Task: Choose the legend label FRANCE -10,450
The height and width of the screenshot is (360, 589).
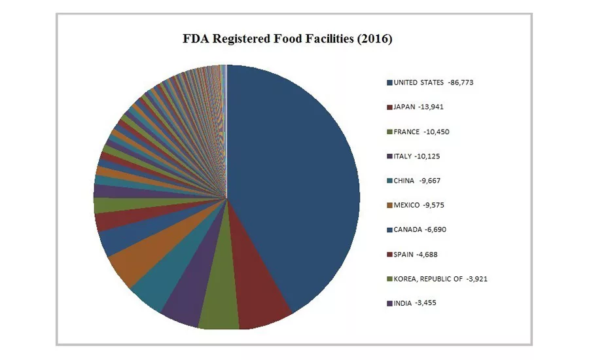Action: click(421, 132)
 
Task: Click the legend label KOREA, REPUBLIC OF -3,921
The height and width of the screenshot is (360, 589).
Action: click(440, 279)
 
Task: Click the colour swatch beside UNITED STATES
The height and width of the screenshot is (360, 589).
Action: click(389, 83)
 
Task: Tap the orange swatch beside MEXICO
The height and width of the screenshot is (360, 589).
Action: click(389, 206)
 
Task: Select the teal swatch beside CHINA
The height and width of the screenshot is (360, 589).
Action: click(389, 181)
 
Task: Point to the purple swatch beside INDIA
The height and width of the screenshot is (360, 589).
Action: click(389, 304)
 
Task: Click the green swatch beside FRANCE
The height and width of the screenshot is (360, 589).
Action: click(389, 132)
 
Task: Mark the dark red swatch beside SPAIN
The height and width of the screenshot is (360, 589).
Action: click(389, 255)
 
